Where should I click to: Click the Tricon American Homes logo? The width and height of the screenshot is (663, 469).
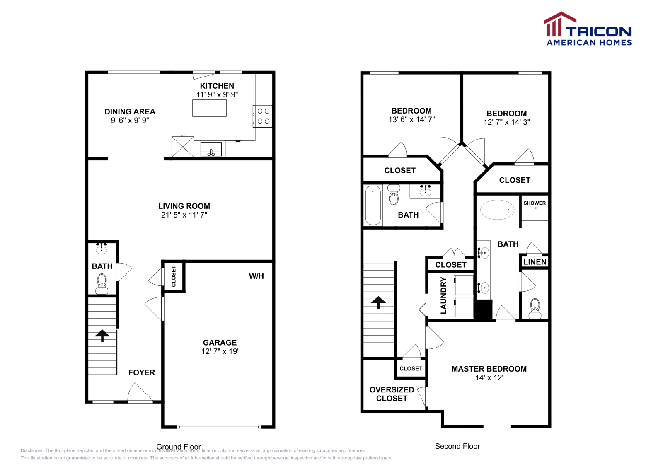[588, 29]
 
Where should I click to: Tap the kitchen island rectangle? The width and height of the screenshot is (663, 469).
[209, 108]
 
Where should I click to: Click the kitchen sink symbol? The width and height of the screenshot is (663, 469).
[211, 149]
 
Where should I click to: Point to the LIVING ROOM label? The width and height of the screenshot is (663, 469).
[184, 206]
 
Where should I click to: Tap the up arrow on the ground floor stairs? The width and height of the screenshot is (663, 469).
[102, 335]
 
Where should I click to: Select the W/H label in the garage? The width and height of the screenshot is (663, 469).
[256, 276]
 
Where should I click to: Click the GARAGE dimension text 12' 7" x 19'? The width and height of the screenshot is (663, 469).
[220, 351]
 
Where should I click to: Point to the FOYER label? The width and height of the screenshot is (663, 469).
[141, 372]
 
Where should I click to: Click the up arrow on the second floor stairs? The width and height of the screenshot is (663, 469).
[378, 302]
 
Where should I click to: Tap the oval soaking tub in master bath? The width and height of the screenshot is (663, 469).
[497, 210]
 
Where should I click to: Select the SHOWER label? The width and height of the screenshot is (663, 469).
[535, 203]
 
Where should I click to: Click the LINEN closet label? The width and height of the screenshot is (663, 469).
[535, 262]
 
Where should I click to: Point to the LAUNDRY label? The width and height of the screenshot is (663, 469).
[443, 295]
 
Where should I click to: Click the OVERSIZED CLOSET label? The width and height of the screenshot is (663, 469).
[392, 394]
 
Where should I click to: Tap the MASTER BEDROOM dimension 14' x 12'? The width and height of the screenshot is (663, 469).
[489, 377]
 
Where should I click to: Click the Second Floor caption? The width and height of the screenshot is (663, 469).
[457, 446]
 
